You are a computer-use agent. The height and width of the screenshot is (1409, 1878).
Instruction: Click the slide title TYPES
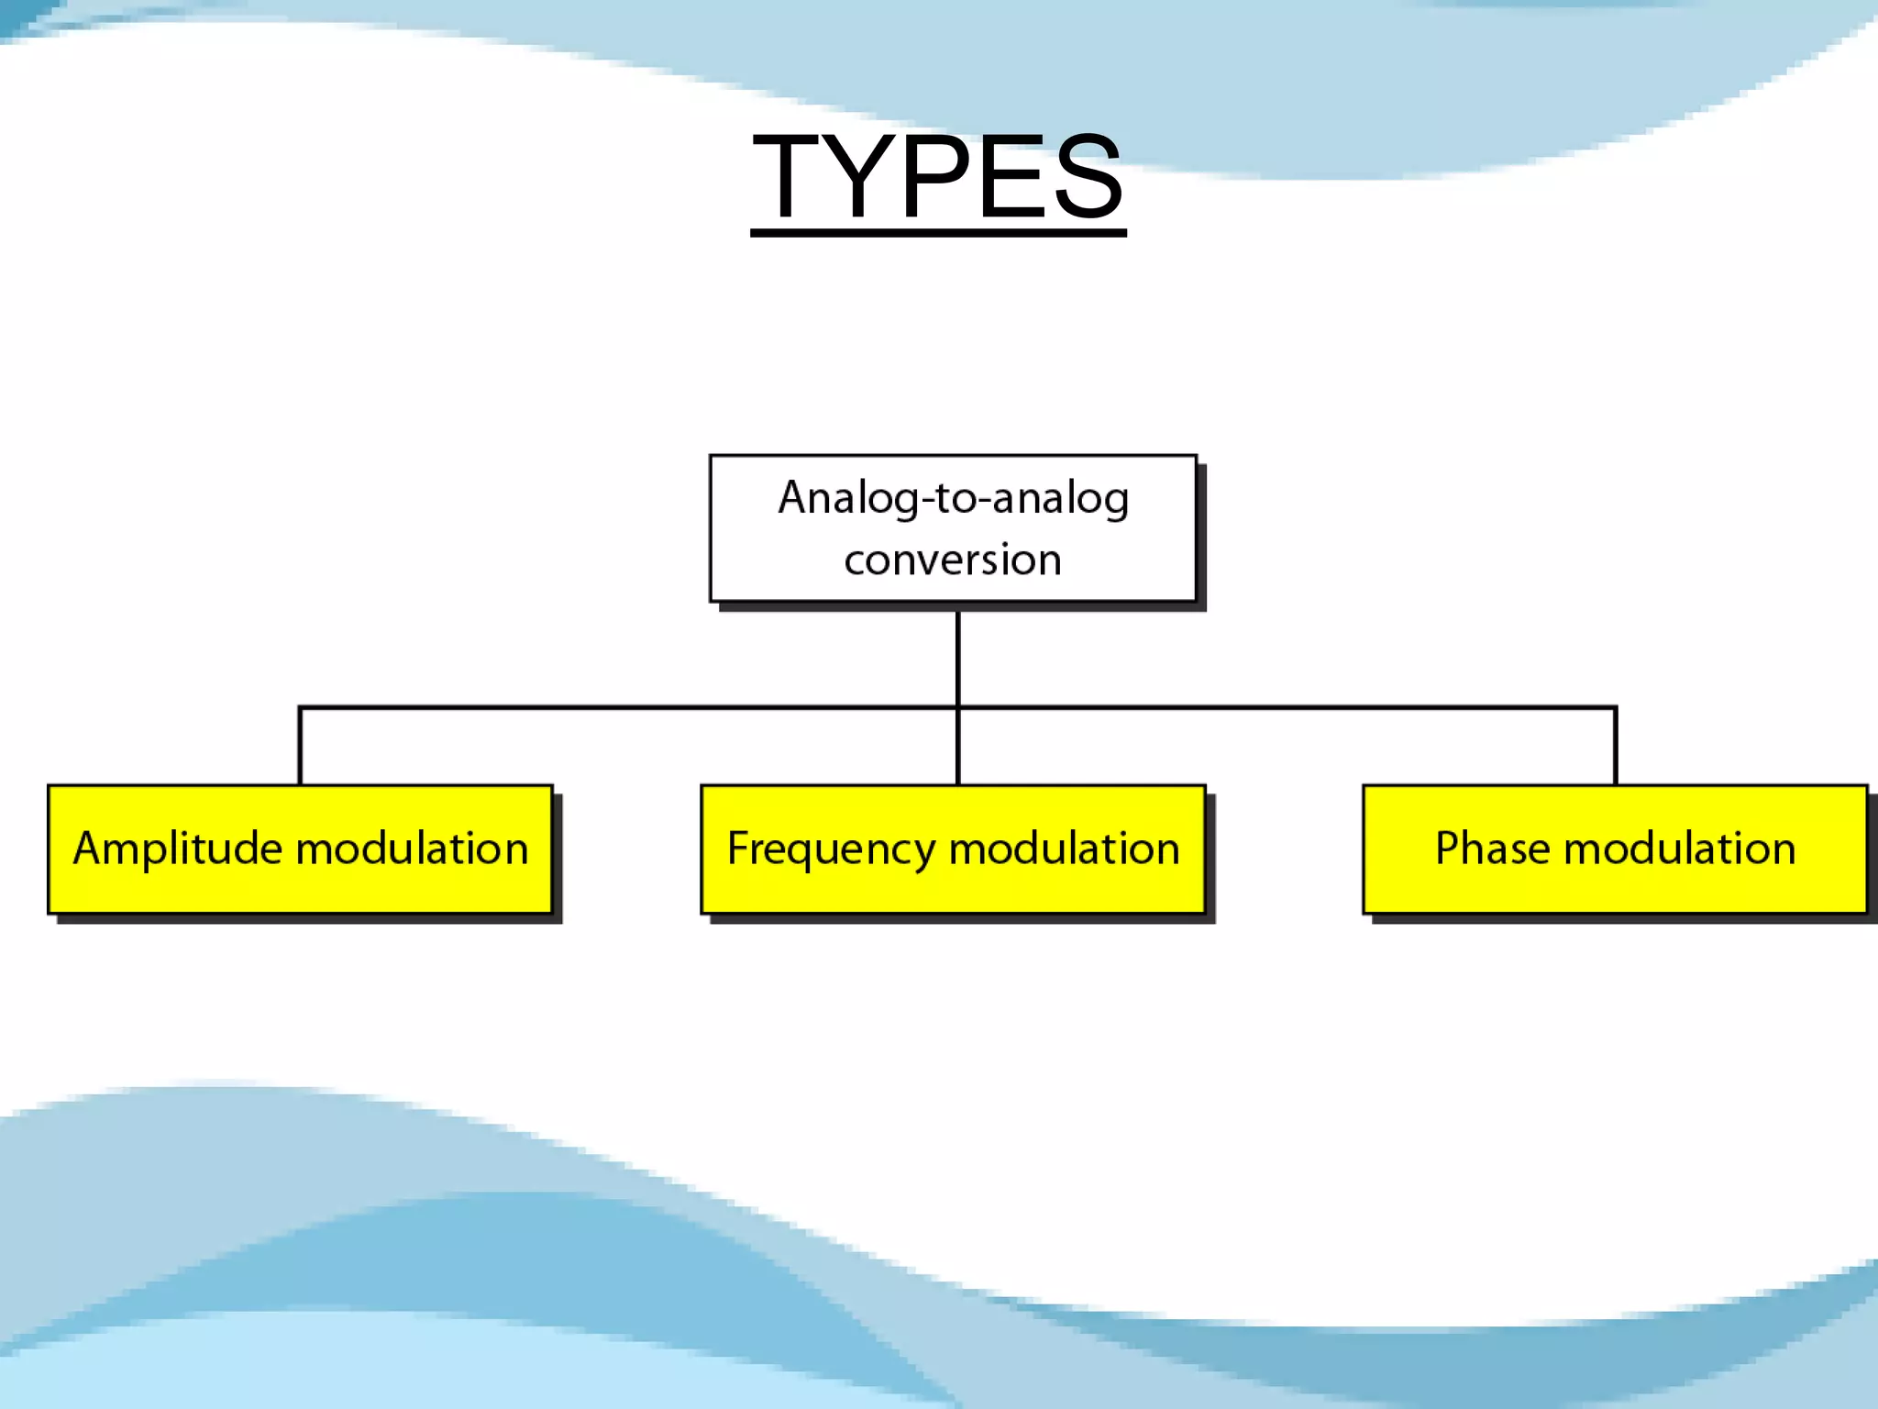tap(937, 176)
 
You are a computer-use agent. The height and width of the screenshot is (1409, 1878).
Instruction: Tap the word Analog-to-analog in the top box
tap(953, 499)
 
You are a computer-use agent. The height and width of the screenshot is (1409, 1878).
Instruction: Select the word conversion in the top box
tap(953, 560)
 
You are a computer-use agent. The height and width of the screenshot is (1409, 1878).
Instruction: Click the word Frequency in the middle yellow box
tap(830, 849)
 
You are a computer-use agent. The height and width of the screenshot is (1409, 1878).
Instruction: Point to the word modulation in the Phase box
tap(1679, 849)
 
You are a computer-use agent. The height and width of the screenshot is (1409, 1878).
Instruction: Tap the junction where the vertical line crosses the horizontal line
tap(957, 707)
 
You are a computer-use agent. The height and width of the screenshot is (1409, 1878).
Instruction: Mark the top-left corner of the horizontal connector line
tap(300, 707)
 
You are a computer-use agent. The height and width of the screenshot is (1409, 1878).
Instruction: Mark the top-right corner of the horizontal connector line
tap(1615, 707)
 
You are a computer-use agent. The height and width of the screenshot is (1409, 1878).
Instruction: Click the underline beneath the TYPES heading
tap(937, 233)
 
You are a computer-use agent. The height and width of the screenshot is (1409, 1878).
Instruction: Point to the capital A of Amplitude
tap(91, 848)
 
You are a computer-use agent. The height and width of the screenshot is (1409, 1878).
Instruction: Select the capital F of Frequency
tap(739, 848)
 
